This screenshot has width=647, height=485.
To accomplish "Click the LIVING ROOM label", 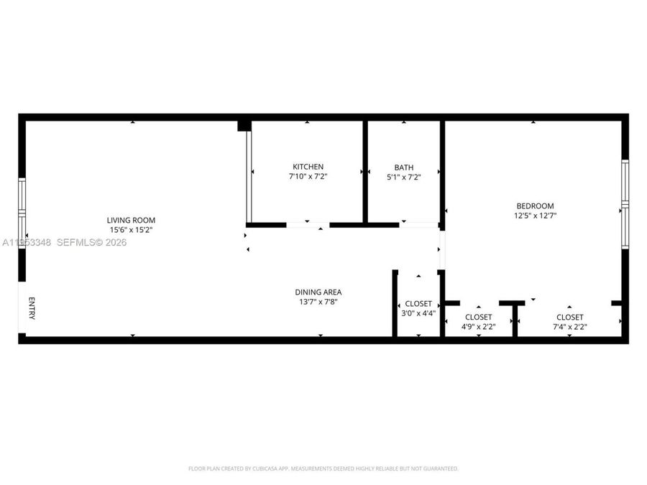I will pyautogui.click(x=131, y=220).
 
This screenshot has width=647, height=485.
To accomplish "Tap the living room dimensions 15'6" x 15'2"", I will pyautogui.click(x=131, y=230).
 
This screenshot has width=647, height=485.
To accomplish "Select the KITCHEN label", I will pyautogui.click(x=307, y=167).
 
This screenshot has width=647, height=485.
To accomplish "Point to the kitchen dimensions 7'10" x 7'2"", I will pyautogui.click(x=307, y=176).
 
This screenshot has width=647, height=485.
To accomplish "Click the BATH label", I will pyautogui.click(x=403, y=167).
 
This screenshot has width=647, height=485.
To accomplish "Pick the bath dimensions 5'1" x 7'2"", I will pyautogui.click(x=403, y=177).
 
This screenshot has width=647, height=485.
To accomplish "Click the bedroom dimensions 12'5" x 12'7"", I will pyautogui.click(x=533, y=215).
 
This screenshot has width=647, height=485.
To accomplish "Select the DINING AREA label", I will pyautogui.click(x=318, y=292).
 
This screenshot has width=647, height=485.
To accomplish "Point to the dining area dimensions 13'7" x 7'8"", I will pyautogui.click(x=318, y=302).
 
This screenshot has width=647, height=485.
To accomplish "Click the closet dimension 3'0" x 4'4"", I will pyautogui.click(x=418, y=314).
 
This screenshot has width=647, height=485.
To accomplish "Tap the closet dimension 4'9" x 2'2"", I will pyautogui.click(x=478, y=327).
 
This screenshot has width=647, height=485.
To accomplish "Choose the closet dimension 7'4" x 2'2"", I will pyautogui.click(x=569, y=327).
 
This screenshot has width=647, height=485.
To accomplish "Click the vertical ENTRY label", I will pyautogui.click(x=31, y=308).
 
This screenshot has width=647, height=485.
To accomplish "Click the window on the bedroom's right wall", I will pyautogui.click(x=625, y=204).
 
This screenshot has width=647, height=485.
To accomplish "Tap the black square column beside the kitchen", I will pyautogui.click(x=244, y=126).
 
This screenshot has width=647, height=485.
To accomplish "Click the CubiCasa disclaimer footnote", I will pyautogui.click(x=323, y=468).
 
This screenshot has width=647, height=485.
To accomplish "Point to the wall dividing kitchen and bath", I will pyautogui.click(x=365, y=171).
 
